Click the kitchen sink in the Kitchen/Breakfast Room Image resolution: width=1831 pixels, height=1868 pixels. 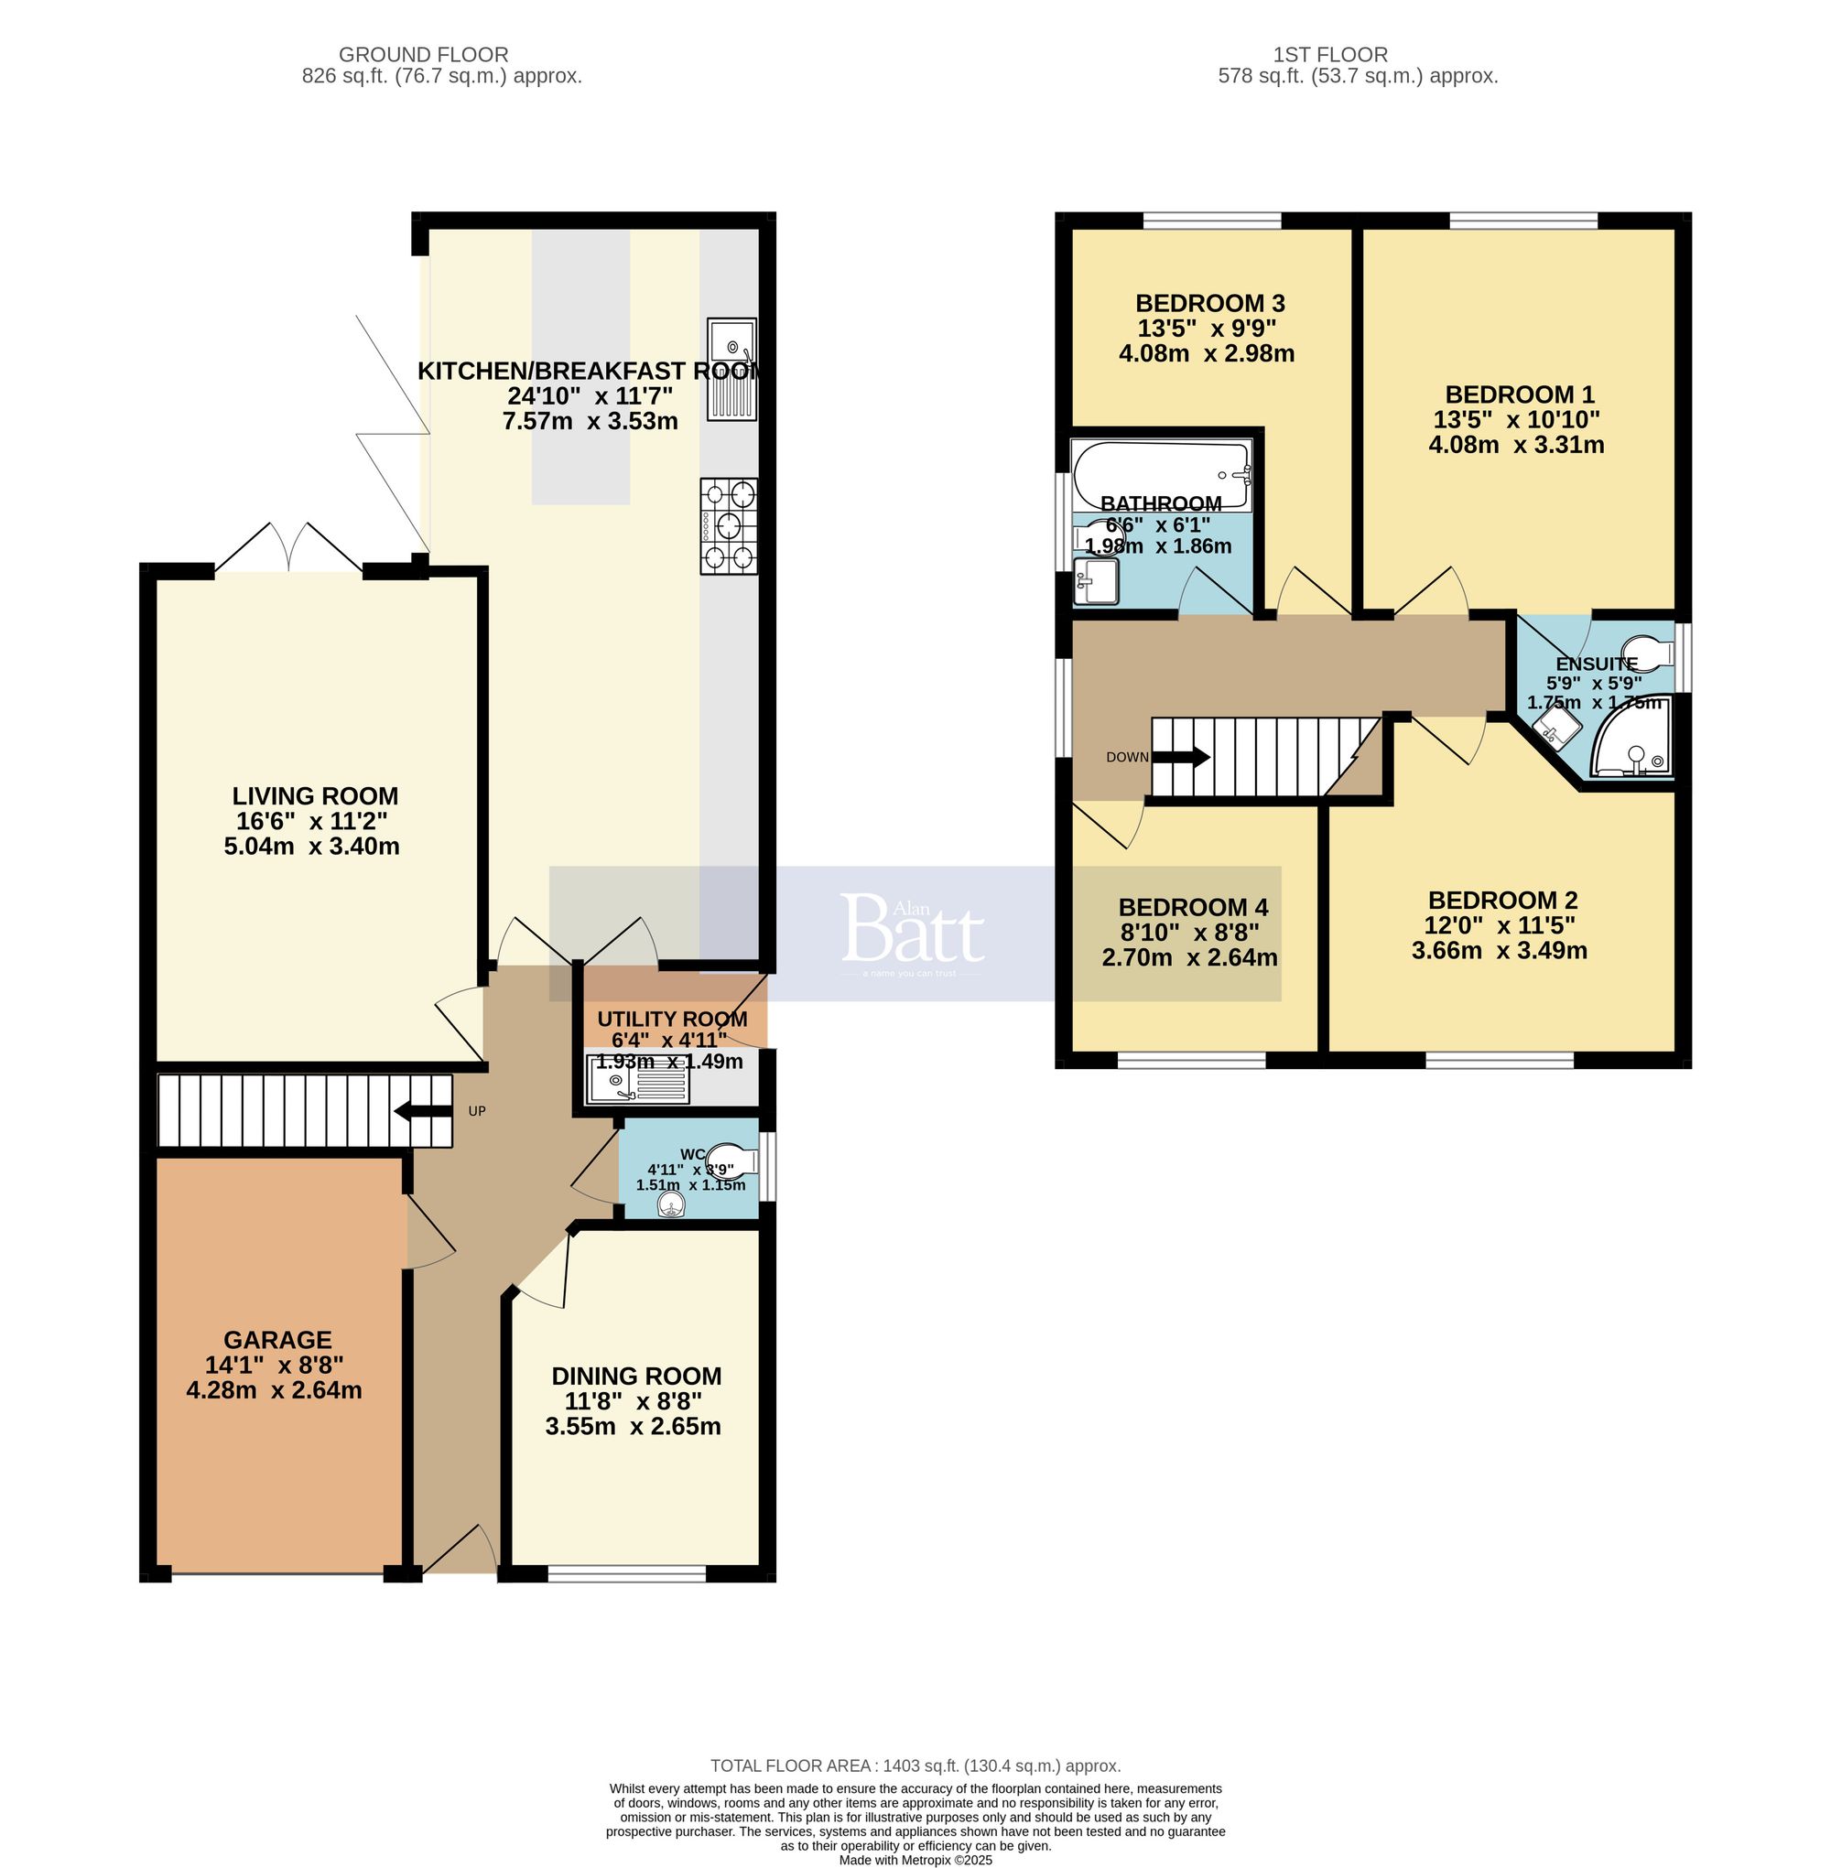[731, 369]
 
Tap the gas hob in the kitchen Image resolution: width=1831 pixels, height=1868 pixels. [729, 526]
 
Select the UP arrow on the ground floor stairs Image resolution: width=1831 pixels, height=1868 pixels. [423, 1112]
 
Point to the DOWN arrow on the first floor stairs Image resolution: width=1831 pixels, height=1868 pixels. [1181, 757]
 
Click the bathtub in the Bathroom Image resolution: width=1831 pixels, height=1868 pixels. [1162, 474]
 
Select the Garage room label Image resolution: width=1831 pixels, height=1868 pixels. [277, 1339]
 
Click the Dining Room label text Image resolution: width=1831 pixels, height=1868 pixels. [635, 1376]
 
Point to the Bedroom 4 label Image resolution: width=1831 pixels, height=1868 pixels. [1193, 907]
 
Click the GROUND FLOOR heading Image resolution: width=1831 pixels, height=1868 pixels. [423, 55]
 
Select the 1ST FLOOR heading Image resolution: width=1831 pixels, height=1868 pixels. [1330, 55]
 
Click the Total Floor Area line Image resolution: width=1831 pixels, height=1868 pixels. [915, 1765]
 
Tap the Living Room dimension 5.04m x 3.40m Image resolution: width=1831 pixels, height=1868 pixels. [311, 846]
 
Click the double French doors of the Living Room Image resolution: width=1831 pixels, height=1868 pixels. [288, 549]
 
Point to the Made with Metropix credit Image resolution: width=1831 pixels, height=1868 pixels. [915, 1860]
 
